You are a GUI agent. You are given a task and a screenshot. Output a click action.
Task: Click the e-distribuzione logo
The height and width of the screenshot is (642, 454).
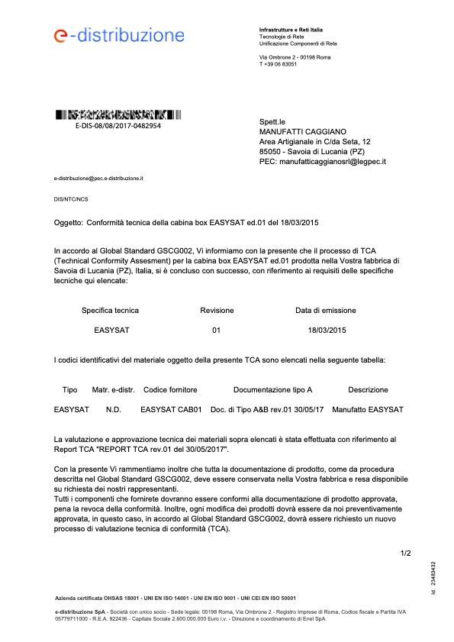click(x=119, y=35)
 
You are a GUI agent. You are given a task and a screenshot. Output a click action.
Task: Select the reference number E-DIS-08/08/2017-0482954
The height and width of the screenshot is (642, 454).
click(x=118, y=125)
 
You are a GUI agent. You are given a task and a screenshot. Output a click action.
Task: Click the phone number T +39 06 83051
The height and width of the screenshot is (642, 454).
click(x=278, y=64)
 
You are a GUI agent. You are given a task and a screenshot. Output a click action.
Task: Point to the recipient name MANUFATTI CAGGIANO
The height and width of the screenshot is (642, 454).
click(x=303, y=131)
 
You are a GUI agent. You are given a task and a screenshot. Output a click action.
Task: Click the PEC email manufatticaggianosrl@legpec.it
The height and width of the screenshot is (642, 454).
click(x=323, y=161)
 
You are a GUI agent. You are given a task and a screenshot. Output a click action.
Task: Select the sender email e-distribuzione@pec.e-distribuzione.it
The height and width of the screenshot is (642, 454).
click(x=98, y=178)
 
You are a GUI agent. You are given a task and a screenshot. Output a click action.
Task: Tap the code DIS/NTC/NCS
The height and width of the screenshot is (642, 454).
click(x=71, y=198)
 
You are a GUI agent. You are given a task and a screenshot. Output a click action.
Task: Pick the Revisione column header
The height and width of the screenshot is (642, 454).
click(x=217, y=311)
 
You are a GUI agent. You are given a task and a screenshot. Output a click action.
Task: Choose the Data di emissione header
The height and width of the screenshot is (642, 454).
click(x=325, y=311)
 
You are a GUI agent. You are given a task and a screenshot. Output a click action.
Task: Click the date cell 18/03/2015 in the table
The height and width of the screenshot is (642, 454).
click(x=327, y=331)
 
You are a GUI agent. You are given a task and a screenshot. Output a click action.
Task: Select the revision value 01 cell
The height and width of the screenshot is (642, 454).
click(x=216, y=331)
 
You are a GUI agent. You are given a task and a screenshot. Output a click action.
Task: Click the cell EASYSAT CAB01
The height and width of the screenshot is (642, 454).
click(x=171, y=410)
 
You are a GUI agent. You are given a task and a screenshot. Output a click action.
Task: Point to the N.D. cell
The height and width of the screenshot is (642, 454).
click(x=114, y=410)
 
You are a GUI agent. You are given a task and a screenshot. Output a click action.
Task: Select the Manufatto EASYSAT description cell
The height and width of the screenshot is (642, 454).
click(x=368, y=410)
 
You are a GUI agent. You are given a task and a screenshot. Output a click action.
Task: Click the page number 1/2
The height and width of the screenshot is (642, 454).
click(x=405, y=553)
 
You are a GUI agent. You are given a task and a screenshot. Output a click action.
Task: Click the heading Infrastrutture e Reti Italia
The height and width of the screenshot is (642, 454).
click(x=291, y=29)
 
